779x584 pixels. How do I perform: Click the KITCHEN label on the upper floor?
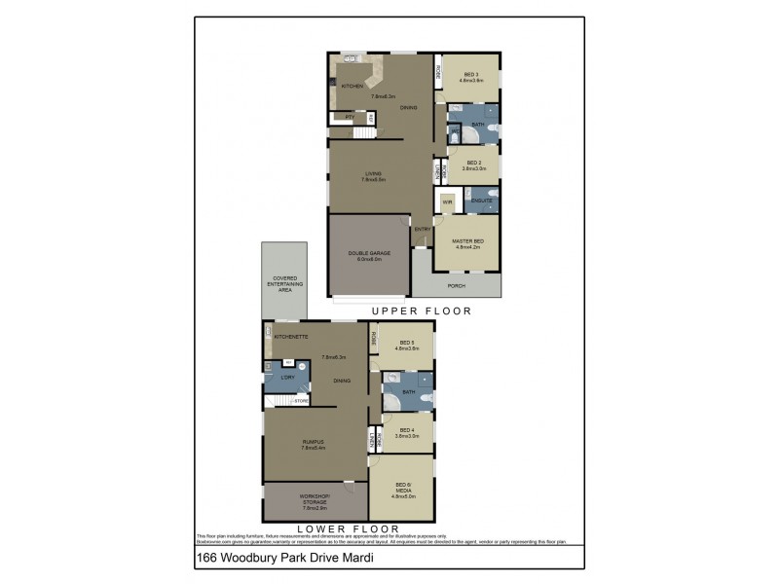[352, 87]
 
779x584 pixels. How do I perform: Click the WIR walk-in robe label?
[447, 202]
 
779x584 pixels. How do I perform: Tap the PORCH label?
[456, 286]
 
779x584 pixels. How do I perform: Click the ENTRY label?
[423, 230]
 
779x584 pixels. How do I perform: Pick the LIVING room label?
[373, 176]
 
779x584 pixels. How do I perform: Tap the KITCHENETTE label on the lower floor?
[291, 337]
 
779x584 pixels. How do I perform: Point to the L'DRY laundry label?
[287, 377]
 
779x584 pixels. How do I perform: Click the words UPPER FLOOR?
[421, 311]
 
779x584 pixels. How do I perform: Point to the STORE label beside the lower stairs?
[302, 400]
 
